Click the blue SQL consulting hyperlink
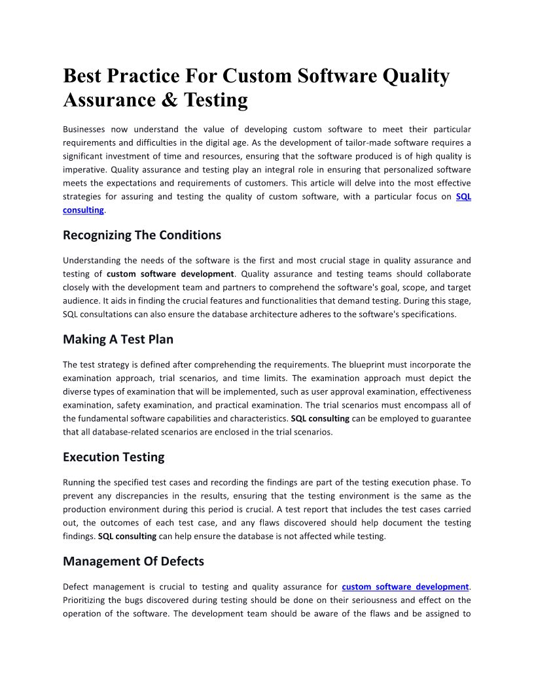463,196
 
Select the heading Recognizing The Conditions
142,235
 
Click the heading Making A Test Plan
118,339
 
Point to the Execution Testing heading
113,457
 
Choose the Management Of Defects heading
133,561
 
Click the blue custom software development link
405,587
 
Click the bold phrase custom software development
170,274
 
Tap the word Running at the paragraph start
79,482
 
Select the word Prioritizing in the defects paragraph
86,600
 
